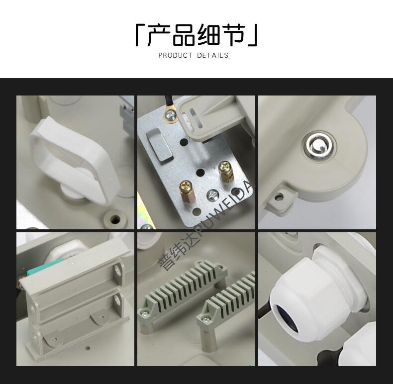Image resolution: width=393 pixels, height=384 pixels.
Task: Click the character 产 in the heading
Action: [x=159, y=35]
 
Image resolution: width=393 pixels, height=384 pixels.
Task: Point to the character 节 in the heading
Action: [x=233, y=35]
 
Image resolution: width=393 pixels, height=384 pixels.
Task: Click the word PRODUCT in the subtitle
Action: [x=176, y=55]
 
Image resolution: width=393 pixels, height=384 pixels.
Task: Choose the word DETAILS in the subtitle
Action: [x=212, y=55]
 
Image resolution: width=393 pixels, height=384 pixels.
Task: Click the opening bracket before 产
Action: [x=140, y=35]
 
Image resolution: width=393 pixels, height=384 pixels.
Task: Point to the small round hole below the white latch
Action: [x=115, y=219]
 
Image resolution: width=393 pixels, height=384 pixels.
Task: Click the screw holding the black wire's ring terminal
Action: [x=171, y=115]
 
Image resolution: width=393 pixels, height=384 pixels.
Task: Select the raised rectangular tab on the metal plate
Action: [x=159, y=146]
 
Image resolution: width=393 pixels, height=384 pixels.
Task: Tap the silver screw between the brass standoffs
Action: [x=213, y=195]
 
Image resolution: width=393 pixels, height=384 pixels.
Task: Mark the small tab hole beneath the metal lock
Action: [x=279, y=197]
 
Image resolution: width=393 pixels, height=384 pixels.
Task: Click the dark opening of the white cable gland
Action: [x=287, y=319]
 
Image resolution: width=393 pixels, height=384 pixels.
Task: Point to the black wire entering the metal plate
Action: [x=168, y=103]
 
